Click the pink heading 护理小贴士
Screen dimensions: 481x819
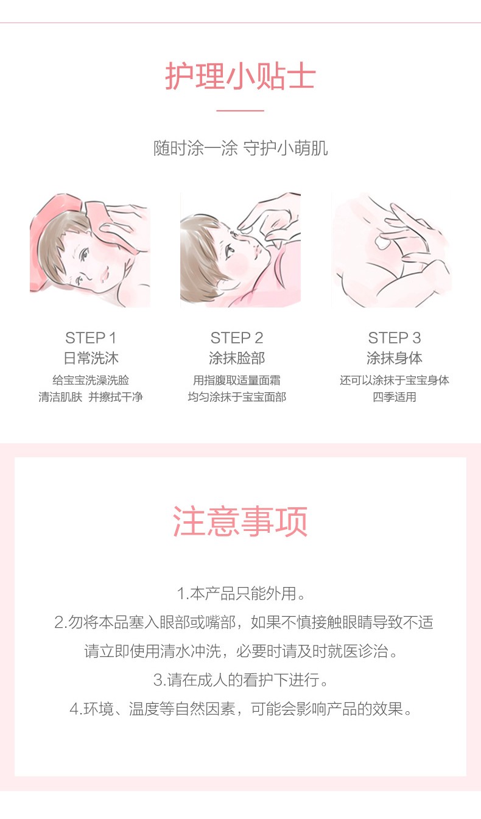click(x=240, y=76)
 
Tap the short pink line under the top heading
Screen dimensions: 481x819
click(x=240, y=110)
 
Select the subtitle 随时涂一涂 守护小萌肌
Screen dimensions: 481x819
click(x=240, y=148)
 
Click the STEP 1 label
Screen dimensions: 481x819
click(x=91, y=338)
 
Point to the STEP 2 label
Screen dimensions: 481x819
click(x=237, y=338)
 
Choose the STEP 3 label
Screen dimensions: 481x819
click(x=395, y=338)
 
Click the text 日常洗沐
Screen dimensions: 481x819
click(x=91, y=358)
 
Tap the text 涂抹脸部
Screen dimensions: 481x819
click(x=237, y=358)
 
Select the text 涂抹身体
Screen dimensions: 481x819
click(x=395, y=358)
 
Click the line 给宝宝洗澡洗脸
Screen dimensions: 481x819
click(x=91, y=380)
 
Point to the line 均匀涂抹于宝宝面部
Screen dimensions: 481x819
click(x=237, y=396)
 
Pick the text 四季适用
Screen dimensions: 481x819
click(x=395, y=396)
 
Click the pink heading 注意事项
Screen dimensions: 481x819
click(x=240, y=521)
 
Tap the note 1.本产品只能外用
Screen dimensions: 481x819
click(x=240, y=594)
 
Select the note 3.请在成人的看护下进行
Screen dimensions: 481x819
click(x=240, y=680)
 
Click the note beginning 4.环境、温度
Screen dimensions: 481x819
click(x=240, y=709)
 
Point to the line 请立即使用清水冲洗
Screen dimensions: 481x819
click(x=153, y=651)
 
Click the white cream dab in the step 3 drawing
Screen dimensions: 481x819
click(x=382, y=242)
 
